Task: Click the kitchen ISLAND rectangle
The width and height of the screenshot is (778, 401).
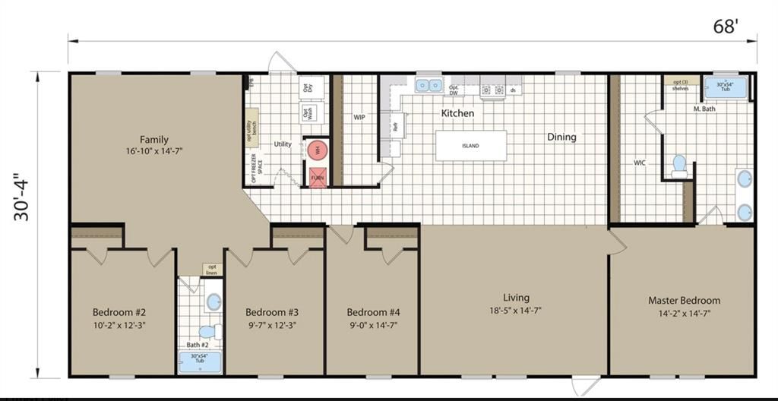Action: point(470,145)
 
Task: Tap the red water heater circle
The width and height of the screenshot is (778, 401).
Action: point(318,150)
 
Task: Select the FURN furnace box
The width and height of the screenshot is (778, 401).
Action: point(318,177)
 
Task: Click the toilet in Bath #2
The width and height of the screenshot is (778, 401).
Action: point(207,332)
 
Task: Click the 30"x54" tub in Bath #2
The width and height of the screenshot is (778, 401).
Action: point(201,362)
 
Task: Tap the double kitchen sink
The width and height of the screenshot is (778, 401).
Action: point(429,86)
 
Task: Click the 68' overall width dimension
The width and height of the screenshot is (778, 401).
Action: point(726,27)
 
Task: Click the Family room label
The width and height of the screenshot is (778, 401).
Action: point(154,139)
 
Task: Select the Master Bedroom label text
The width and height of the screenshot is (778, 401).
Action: point(684,300)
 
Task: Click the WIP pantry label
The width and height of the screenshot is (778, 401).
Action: point(359,118)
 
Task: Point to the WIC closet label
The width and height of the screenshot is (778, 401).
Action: point(640,163)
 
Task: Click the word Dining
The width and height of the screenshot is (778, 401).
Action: point(561,137)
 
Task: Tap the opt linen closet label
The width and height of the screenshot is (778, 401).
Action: point(212,270)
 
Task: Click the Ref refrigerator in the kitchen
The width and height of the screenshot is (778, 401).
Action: point(394,128)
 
